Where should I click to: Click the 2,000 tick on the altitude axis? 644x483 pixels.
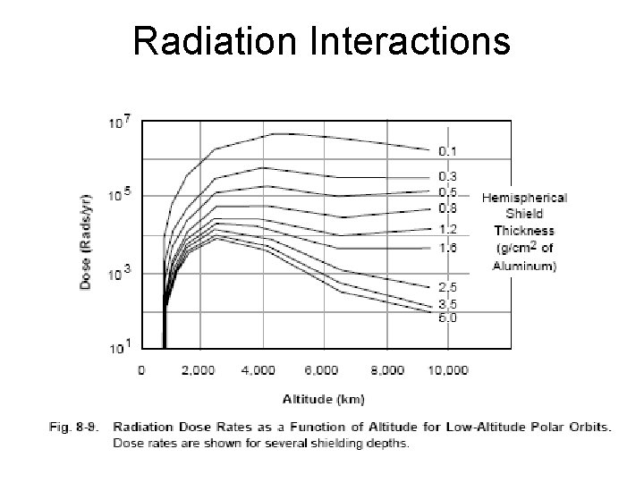tap(198, 369)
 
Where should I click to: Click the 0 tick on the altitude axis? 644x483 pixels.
tap(140, 369)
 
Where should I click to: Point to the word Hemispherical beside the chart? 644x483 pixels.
tap(524, 198)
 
